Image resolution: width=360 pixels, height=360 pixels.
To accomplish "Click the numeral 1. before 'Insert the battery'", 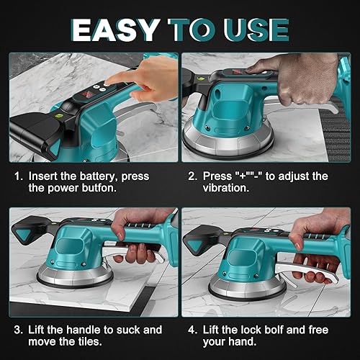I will (18, 176).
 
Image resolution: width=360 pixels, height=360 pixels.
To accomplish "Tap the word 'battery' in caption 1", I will (100, 176).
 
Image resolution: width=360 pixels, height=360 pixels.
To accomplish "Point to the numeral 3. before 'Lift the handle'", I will (18, 330).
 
